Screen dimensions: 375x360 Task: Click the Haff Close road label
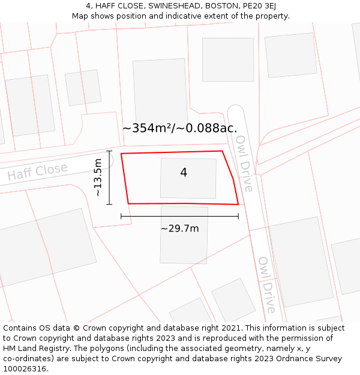pos(37,172)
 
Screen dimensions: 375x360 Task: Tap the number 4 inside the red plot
pos(184,173)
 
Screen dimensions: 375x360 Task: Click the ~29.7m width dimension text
pos(179,229)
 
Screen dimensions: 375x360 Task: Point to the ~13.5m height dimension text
pos(98,178)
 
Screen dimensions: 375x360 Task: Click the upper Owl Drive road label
pos(244,163)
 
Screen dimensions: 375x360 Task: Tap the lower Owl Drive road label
pos(267,285)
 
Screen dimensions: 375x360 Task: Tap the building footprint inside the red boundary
pos(188,178)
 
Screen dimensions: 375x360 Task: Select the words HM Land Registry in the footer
pos(36,348)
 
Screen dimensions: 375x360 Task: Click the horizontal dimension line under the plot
pos(179,216)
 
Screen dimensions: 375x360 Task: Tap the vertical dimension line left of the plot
pos(109,178)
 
